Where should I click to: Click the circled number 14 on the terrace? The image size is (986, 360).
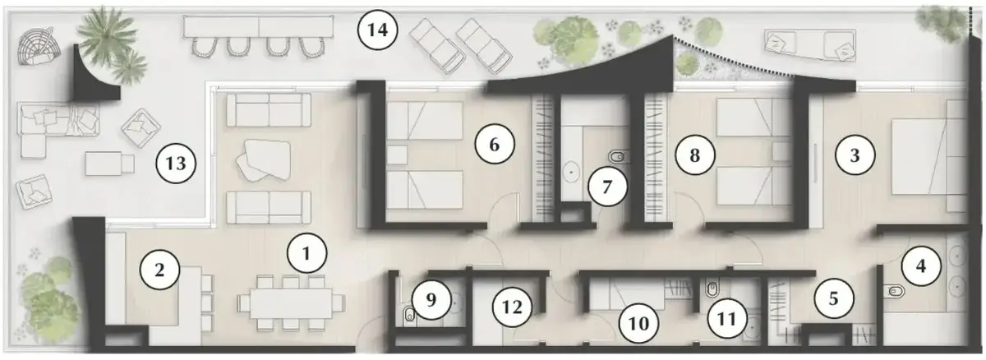pyautogui.click(x=378, y=30)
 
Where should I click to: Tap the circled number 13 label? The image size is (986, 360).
pyautogui.click(x=176, y=164)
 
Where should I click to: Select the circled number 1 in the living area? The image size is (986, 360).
pyautogui.click(x=306, y=253)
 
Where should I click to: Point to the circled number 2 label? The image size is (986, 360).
pyautogui.click(x=159, y=270)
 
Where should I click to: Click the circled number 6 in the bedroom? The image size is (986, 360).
pyautogui.click(x=495, y=145)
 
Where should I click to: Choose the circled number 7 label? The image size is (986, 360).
pyautogui.click(x=607, y=187)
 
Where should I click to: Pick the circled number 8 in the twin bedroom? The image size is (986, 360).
pyautogui.click(x=694, y=155)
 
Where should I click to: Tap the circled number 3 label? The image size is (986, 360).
pyautogui.click(x=855, y=155)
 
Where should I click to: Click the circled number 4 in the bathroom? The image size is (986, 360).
pyautogui.click(x=921, y=265)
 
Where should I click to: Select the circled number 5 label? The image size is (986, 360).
pyautogui.click(x=834, y=299)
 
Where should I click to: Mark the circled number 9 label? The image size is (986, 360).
pyautogui.click(x=431, y=300)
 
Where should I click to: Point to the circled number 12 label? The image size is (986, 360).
pyautogui.click(x=512, y=307)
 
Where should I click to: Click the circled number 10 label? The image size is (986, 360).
pyautogui.click(x=638, y=324)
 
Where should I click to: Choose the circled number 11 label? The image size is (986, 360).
pyautogui.click(x=726, y=318)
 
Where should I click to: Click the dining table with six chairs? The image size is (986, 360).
pyautogui.click(x=291, y=303)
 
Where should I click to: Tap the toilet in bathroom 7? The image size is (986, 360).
pyautogui.click(x=619, y=156)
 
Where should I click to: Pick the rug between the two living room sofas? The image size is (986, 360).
pyautogui.click(x=263, y=160)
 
